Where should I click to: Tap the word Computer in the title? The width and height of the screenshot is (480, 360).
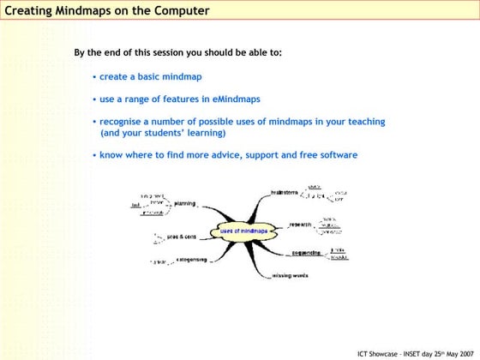click(178, 11)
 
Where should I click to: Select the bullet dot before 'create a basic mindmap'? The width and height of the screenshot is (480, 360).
click(94, 78)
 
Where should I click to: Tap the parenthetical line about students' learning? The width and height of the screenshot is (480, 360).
click(163, 134)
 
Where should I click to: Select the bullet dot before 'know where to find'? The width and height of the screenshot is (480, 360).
click(94, 156)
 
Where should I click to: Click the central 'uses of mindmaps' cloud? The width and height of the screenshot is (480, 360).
click(243, 231)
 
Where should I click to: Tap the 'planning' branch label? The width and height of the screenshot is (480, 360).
click(184, 204)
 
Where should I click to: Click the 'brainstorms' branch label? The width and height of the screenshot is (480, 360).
click(285, 193)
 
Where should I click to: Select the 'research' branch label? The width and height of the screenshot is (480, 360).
click(300, 225)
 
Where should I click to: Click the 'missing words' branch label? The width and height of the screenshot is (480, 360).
click(291, 276)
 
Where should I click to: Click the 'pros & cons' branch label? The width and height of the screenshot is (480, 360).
click(181, 237)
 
